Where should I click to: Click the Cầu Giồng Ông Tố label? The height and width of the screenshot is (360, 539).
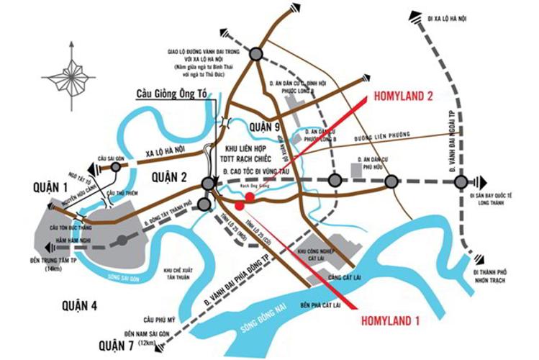(x=173, y=94)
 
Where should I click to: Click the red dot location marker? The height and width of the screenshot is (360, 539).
(x=249, y=197)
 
